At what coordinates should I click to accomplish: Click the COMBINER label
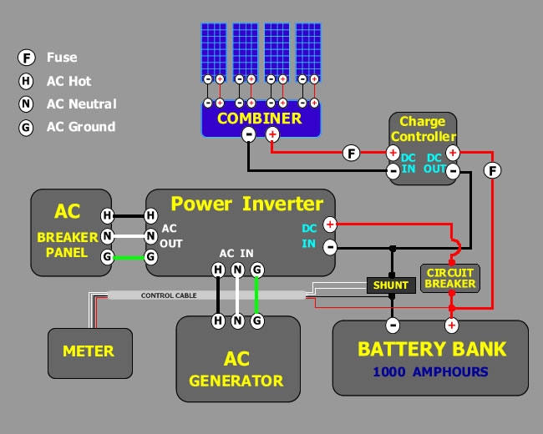[x=258, y=119]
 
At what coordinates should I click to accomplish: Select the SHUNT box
[x=391, y=285]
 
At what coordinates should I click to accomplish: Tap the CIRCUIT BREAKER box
[x=449, y=278]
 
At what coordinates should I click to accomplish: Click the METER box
[x=89, y=351]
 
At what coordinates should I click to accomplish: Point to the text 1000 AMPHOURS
[x=430, y=371]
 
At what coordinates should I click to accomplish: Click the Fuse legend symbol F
[x=27, y=58]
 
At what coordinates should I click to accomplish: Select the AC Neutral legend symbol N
[x=27, y=104]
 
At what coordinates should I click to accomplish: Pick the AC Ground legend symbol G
[x=27, y=128]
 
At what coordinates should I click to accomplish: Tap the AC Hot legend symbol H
[x=27, y=81]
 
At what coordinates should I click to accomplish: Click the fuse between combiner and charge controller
[x=352, y=153]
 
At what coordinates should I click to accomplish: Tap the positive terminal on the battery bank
[x=451, y=325]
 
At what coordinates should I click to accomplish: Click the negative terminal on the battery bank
[x=391, y=325]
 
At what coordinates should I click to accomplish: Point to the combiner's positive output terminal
[x=272, y=134]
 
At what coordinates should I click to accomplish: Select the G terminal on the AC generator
[x=257, y=320]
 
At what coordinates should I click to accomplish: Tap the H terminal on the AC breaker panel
[x=107, y=215]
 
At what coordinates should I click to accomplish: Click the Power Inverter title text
[x=246, y=204]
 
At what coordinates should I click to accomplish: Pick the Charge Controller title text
[x=423, y=129]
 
